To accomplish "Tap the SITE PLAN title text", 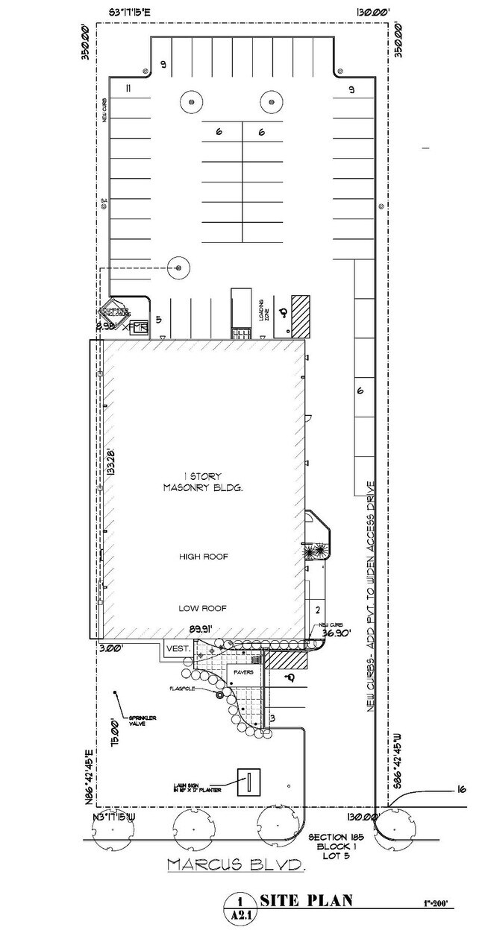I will [x=302, y=902].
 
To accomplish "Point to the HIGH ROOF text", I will [x=203, y=556].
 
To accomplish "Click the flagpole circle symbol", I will [x=219, y=695].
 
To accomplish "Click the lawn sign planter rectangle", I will [x=248, y=782].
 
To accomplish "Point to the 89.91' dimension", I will [x=201, y=628].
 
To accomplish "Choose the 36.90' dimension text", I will [x=336, y=633].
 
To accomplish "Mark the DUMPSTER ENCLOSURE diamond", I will [x=116, y=311].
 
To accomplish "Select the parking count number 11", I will [x=128, y=89].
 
